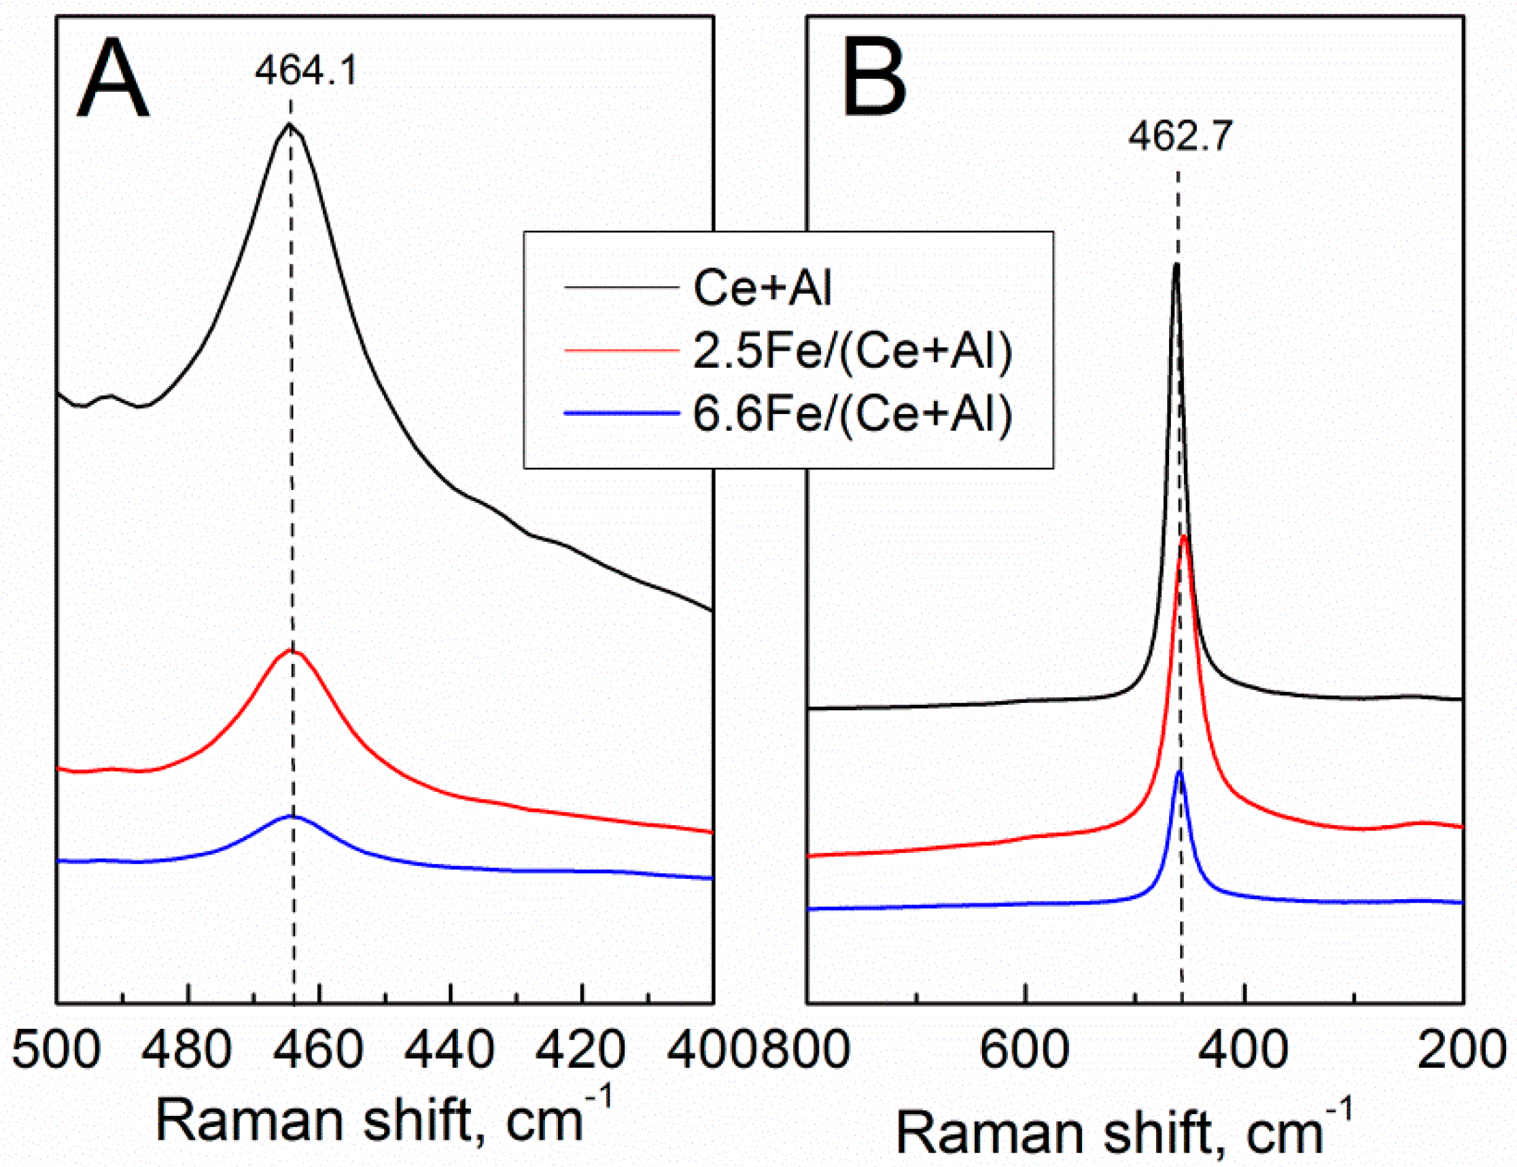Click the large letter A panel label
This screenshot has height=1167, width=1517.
coord(113,80)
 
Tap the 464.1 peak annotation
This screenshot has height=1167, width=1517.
coord(306,70)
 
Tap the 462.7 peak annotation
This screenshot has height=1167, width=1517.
coord(1179,136)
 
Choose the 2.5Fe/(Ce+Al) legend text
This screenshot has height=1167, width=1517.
coord(852,351)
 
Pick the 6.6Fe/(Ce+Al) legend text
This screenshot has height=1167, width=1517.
coord(852,414)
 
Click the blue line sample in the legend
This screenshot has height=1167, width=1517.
coord(621,414)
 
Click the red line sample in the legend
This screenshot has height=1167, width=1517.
coord(621,351)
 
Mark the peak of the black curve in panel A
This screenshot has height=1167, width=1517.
coord(290,124)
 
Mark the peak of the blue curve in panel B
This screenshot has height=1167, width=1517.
coord(1179,771)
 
